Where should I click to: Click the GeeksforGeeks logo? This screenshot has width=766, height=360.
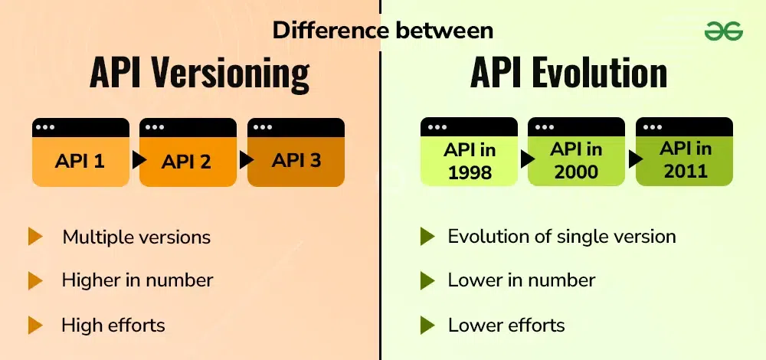723,32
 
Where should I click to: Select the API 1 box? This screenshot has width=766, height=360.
80,152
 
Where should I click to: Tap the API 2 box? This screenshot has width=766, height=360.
188,152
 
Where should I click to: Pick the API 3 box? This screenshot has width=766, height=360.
296,152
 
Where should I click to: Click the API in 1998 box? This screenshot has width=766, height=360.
469,152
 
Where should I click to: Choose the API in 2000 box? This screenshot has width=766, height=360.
577,152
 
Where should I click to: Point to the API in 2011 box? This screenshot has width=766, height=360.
684,152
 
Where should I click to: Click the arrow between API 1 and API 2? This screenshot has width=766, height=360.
139,160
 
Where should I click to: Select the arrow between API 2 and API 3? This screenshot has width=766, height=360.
247,160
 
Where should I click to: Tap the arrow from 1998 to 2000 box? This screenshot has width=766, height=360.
528,159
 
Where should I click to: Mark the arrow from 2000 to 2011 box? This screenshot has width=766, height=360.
635,159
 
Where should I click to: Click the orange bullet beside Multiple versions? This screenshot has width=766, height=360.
35,237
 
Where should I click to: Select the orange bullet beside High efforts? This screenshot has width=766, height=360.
35,326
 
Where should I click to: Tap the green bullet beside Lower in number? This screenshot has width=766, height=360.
427,280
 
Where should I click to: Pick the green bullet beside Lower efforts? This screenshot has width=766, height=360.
427,326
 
